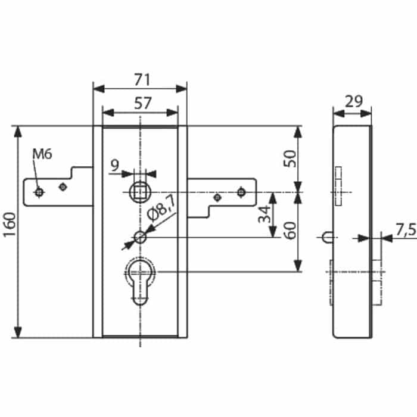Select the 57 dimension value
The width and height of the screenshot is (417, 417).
(x=141, y=103)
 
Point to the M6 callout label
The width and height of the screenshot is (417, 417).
(x=42, y=154)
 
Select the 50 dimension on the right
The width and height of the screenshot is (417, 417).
(x=290, y=160)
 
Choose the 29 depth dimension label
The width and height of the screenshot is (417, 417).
(x=353, y=101)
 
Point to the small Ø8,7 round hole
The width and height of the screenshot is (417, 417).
(x=140, y=237)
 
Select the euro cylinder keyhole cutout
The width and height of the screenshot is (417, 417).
(x=141, y=280)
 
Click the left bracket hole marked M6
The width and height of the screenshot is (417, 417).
(x=39, y=192)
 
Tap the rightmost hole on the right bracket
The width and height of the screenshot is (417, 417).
(x=241, y=192)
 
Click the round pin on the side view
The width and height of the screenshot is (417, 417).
(x=326, y=237)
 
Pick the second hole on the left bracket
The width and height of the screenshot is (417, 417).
(x=61, y=187)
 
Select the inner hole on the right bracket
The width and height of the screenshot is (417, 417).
(x=218, y=197)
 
